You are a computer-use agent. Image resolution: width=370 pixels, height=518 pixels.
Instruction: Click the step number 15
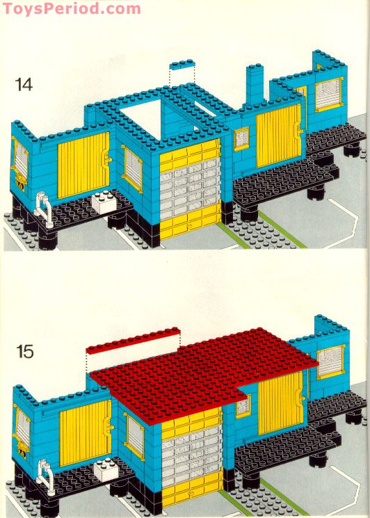pyautogui.click(x=24, y=352)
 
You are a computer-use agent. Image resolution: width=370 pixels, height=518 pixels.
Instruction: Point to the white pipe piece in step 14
pyautogui.click(x=43, y=209)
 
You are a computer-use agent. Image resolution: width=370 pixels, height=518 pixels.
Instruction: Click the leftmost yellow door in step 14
pyautogui.click(x=83, y=167)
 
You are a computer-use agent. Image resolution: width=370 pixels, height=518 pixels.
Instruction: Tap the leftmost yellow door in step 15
pyautogui.click(x=84, y=436)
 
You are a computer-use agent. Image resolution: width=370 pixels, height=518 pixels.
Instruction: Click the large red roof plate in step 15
pyautogui.click(x=202, y=375)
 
